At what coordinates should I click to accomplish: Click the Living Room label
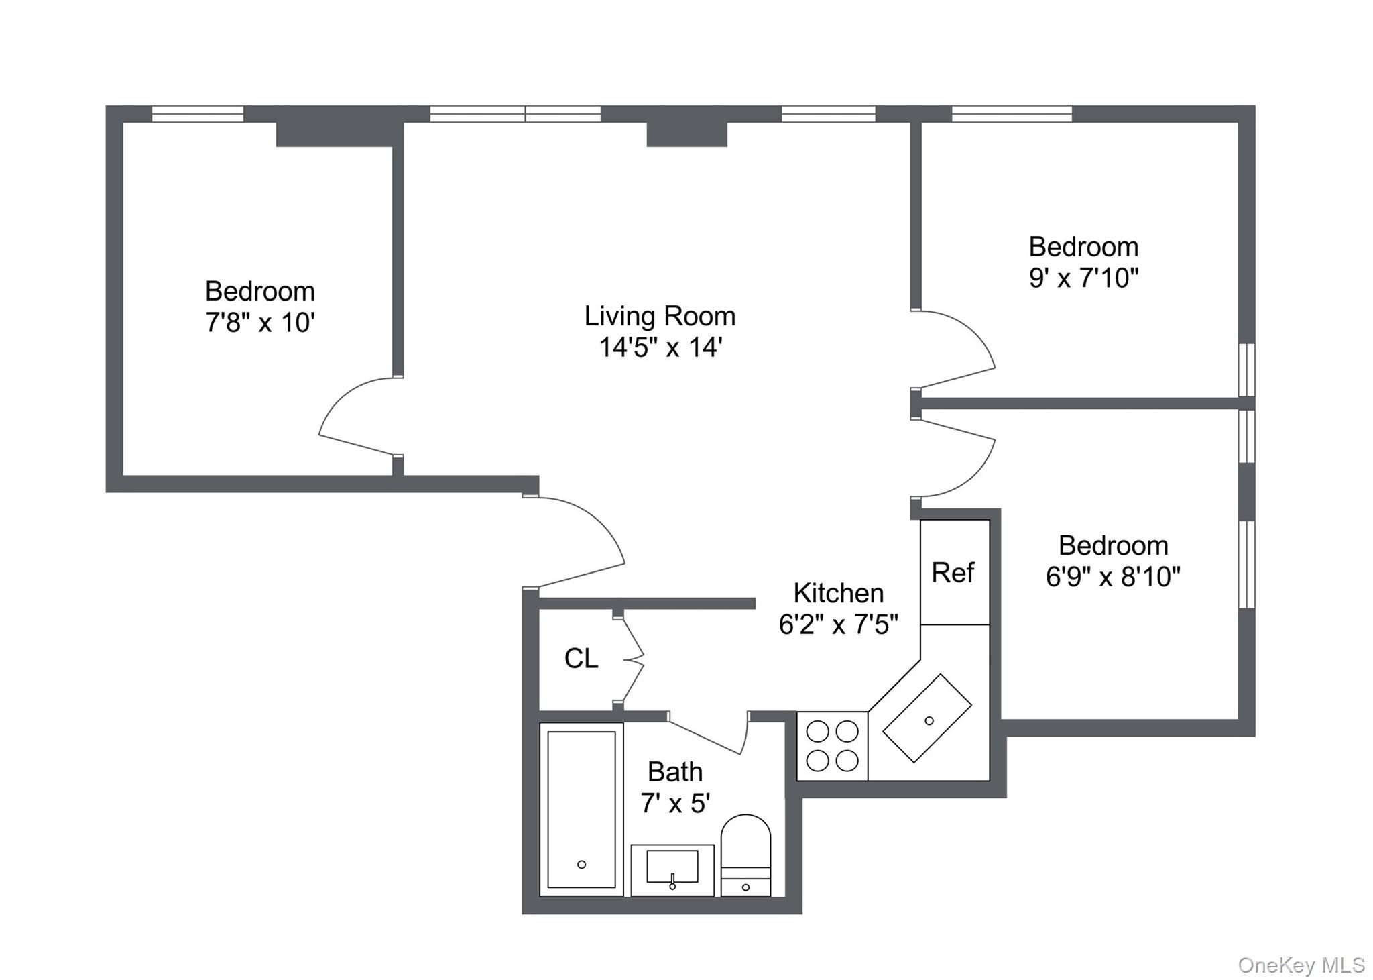coord(660,316)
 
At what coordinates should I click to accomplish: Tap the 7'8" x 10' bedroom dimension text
coord(260,323)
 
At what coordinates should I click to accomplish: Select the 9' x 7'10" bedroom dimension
coord(1083,278)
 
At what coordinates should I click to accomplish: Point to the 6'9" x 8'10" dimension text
coord(1113,576)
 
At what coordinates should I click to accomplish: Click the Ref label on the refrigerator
coord(953,573)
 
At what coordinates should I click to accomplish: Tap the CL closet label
coord(581,659)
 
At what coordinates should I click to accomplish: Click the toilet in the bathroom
coord(745,855)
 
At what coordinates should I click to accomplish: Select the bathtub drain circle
coord(581,865)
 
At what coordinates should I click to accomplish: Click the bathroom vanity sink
coord(672,868)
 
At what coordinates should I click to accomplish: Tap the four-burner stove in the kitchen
coord(832,746)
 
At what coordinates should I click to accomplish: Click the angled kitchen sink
coord(927,718)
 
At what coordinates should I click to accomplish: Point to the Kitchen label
coord(838,593)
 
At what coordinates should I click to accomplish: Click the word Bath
coord(674,772)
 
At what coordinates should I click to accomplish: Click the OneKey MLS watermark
coord(1301,965)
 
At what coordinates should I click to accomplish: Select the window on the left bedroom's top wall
coord(197,114)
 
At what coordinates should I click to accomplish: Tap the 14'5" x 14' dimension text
coord(660,347)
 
